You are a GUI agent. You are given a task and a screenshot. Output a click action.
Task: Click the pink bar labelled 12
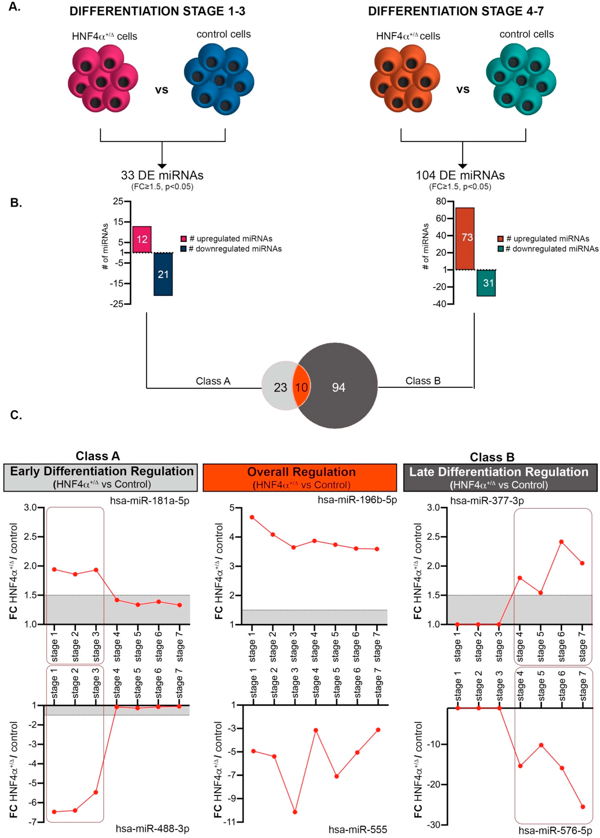click(x=142, y=239)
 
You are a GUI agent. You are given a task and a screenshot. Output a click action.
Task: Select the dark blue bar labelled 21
click(x=163, y=274)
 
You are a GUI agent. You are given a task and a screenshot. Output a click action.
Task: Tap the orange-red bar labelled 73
click(x=465, y=238)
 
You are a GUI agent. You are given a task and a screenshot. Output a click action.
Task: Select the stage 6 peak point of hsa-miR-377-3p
click(x=561, y=542)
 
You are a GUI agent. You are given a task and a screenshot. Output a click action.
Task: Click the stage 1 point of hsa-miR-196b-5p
click(x=252, y=517)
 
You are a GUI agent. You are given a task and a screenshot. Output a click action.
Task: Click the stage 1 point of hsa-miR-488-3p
click(x=54, y=812)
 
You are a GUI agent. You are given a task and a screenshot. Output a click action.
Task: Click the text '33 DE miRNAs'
click(x=162, y=175)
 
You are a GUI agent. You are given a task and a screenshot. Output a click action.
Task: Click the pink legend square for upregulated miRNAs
click(x=184, y=239)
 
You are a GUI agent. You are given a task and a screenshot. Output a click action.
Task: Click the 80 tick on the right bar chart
click(x=441, y=201)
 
